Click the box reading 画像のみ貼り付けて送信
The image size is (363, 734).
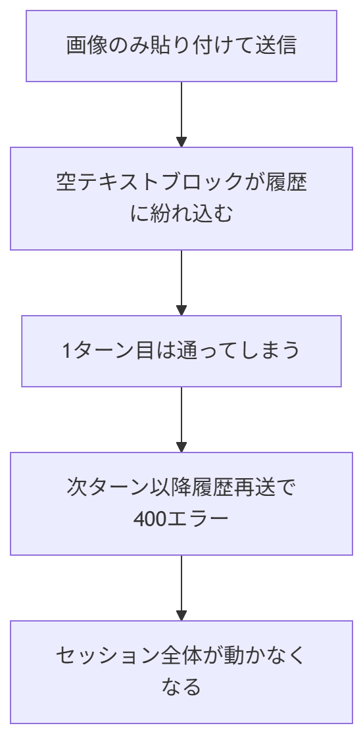pyautogui.click(x=181, y=46)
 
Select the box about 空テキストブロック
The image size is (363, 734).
pyautogui.click(x=181, y=199)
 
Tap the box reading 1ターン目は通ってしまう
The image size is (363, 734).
pyautogui.click(x=181, y=351)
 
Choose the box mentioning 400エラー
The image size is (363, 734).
pyautogui.click(x=181, y=504)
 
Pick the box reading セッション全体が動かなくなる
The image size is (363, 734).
pyautogui.click(x=181, y=672)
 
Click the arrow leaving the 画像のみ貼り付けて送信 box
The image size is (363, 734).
pyautogui.click(x=181, y=114)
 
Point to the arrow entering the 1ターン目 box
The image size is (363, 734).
pyautogui.click(x=181, y=283)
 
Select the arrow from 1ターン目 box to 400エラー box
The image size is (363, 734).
pyautogui.click(x=181, y=420)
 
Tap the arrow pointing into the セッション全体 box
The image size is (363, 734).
pyautogui.click(x=181, y=589)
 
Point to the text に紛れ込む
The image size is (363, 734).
pyautogui.click(x=181, y=214)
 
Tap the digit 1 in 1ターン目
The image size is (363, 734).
pyautogui.click(x=67, y=351)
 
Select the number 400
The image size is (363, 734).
pyautogui.click(x=148, y=519)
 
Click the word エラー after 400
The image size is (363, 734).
pyautogui.click(x=197, y=519)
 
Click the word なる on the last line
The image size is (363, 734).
pyautogui.click(x=181, y=688)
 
